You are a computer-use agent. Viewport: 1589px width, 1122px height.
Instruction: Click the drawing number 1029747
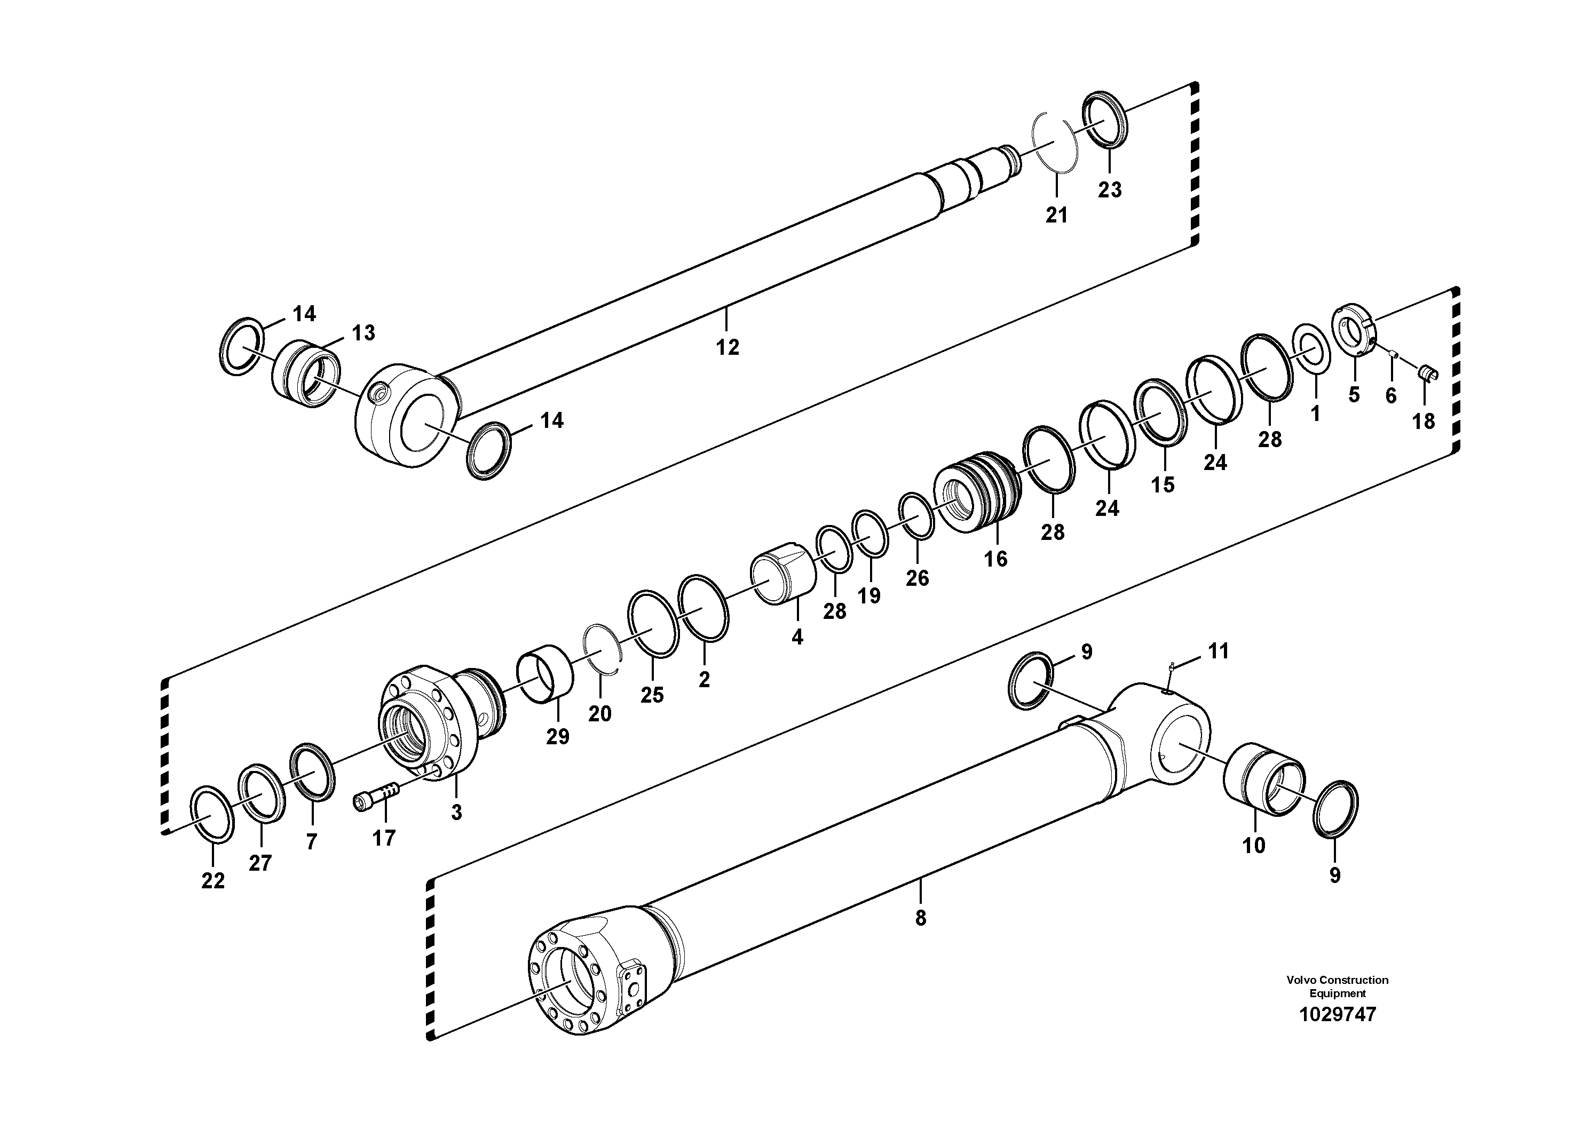click(x=1337, y=1015)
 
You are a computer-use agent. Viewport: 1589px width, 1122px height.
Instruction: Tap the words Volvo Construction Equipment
click(x=1337, y=986)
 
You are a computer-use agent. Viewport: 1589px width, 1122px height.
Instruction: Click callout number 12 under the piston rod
click(x=728, y=347)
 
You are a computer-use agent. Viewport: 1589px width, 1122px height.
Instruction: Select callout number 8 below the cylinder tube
click(x=920, y=918)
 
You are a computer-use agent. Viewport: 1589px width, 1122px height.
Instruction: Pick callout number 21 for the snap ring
click(x=1056, y=215)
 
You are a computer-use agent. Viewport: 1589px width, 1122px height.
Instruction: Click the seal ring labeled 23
click(x=1104, y=119)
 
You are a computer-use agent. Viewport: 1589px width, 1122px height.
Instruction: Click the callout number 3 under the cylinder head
click(x=456, y=812)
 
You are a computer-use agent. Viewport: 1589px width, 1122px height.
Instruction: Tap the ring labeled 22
click(x=211, y=814)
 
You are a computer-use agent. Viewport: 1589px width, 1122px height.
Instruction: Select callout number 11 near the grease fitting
click(x=1218, y=651)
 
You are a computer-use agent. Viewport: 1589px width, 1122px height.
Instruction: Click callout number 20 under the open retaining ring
click(x=599, y=714)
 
